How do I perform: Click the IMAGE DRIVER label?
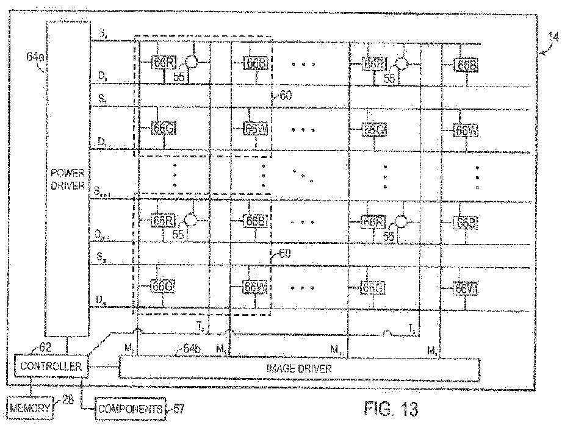299,369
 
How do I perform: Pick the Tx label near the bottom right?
412,328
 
